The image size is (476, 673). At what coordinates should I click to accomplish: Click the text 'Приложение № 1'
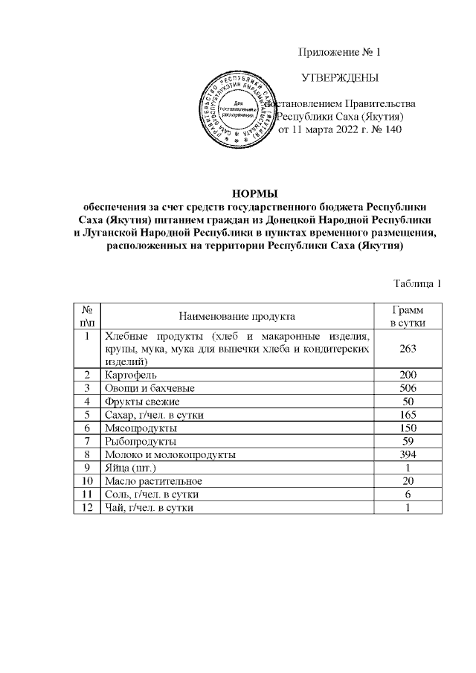pyautogui.click(x=338, y=52)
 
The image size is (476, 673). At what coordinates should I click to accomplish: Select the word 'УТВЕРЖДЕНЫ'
pyautogui.click(x=338, y=78)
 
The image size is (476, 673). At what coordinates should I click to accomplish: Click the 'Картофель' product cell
pyautogui.click(x=131, y=374)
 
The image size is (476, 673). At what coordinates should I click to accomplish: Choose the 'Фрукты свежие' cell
pyautogui.click(x=143, y=401)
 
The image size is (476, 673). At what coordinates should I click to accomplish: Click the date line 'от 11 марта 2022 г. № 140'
pyautogui.click(x=339, y=130)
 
